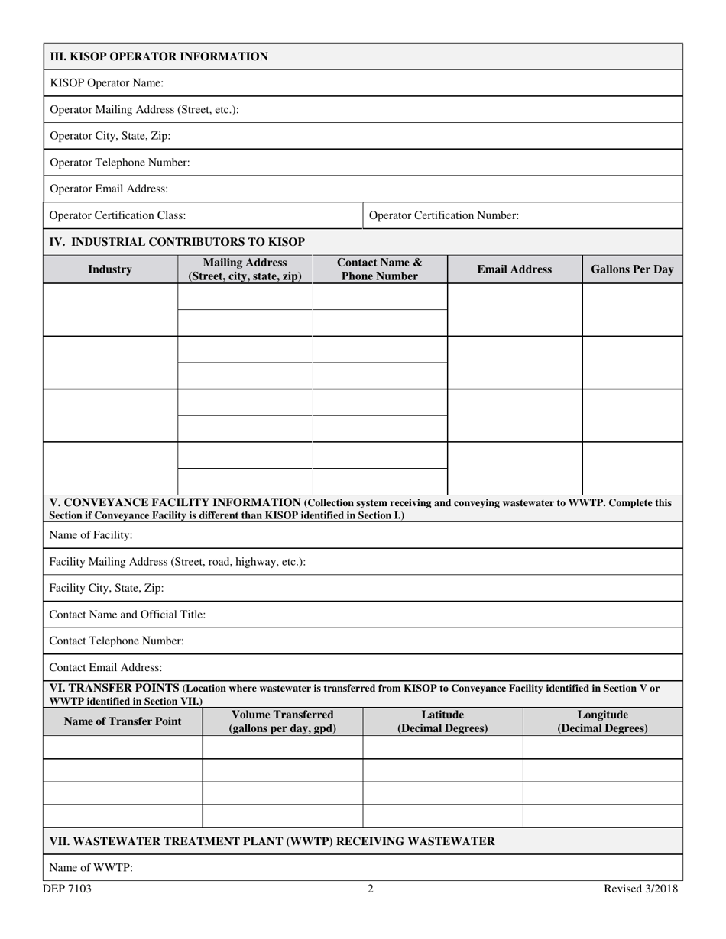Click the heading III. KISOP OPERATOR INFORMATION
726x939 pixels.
coord(159,56)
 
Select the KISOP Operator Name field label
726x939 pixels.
coord(106,83)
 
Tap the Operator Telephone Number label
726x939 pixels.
coord(120,163)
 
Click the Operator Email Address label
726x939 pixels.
coord(109,189)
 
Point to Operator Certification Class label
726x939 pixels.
coord(118,215)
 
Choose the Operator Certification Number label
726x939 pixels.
coord(444,215)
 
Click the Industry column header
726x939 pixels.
coord(110,269)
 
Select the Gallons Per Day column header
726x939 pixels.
coord(632,269)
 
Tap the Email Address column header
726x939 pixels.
coord(514,269)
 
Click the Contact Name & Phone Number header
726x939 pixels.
coord(380,269)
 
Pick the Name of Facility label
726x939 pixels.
coord(91,535)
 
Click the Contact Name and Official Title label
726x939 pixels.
coord(128,615)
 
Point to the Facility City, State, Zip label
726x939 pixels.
coord(107,588)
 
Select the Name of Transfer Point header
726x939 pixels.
coord(123,721)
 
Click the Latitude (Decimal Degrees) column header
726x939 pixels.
coord(442,721)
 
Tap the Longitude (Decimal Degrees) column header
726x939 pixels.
coord(602,721)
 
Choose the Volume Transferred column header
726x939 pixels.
coord(283,721)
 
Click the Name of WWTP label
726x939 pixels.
coord(92,868)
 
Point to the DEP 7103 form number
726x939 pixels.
coord(67,889)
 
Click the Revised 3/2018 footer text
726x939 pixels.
coord(640,889)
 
